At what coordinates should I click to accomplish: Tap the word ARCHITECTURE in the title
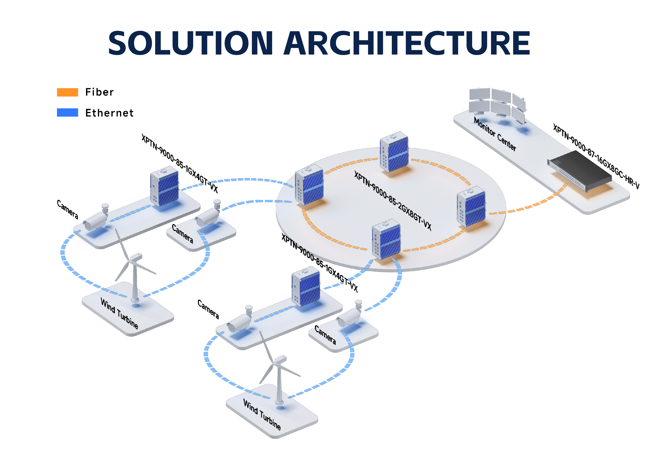406,43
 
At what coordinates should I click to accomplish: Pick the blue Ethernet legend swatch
68,112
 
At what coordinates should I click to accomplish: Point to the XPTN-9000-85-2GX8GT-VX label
393,201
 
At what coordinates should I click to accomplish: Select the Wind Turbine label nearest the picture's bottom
262,414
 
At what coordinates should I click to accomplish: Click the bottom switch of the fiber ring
386,239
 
